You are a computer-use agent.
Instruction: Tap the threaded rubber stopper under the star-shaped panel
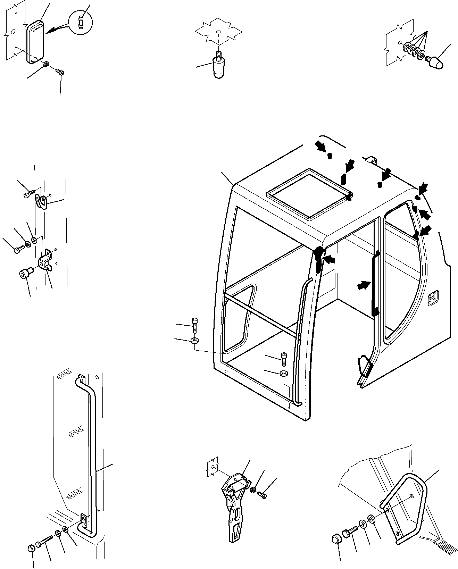(x=218, y=68)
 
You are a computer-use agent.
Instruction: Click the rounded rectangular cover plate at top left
(x=35, y=42)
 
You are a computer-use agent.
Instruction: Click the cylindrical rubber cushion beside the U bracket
(x=24, y=273)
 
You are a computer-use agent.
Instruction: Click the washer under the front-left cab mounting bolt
(x=195, y=340)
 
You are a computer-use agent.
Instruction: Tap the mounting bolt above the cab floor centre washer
(x=284, y=359)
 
